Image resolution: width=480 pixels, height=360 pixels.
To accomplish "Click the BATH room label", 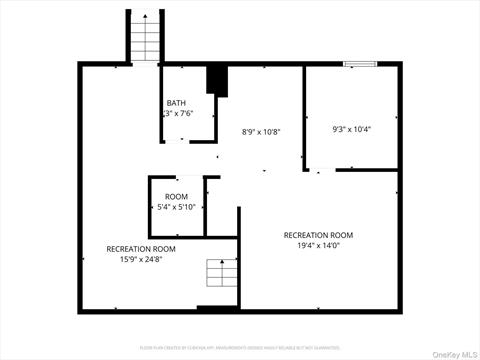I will (x=176, y=103).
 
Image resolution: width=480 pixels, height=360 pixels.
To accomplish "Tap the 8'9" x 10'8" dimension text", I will (x=261, y=131).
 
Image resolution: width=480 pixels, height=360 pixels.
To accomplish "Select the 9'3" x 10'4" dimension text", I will (x=351, y=129).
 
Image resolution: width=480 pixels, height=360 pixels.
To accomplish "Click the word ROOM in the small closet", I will (x=176, y=196).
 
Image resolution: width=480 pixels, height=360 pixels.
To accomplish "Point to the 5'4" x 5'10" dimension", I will (x=176, y=207).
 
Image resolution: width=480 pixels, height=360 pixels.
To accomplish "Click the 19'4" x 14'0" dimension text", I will (x=318, y=245).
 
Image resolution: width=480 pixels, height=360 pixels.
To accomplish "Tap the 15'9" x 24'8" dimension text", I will (x=141, y=259).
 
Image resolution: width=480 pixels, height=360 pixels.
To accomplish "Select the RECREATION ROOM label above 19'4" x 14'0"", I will (x=318, y=235).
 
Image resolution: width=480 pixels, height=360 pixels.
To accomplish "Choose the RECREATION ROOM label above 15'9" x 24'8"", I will (x=141, y=248).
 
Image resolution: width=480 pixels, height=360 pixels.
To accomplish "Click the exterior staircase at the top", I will (x=144, y=37).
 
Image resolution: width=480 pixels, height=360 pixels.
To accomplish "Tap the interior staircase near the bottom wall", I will (x=218, y=274).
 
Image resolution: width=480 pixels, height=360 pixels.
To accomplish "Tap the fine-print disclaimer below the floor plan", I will (x=240, y=322).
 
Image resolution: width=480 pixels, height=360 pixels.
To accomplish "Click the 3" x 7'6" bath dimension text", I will (x=177, y=114).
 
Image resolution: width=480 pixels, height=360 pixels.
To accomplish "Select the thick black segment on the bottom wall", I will (x=217, y=309).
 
